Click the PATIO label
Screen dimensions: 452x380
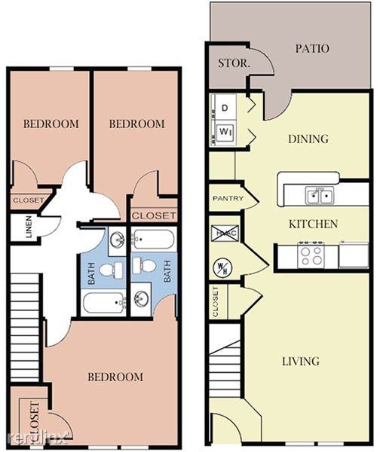click(312, 49)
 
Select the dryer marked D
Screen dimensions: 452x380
click(225, 108)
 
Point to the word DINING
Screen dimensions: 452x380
click(308, 139)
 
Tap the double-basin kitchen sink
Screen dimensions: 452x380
click(320, 197)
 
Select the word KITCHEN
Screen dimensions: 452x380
click(313, 224)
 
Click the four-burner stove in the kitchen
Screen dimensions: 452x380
click(311, 255)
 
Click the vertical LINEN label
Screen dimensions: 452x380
click(29, 228)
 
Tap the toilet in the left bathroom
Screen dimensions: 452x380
click(107, 270)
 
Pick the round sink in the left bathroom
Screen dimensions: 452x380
click(118, 240)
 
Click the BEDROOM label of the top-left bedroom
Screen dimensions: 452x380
click(50, 124)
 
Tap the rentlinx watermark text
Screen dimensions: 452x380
click(38, 438)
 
